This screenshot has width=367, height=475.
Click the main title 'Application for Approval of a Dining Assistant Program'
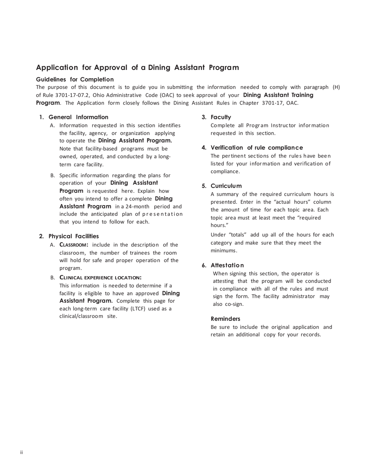click(x=138, y=68)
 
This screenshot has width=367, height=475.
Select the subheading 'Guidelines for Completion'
click(x=75, y=79)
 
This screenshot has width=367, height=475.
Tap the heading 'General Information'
click(x=78, y=117)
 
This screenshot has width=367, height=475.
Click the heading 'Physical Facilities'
click(x=73, y=236)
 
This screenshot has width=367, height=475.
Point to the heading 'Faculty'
click(x=221, y=117)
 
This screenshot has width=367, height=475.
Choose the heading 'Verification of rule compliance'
click(x=257, y=148)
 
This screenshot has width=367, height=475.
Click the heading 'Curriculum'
click(x=226, y=186)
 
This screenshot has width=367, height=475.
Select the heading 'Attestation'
click(x=227, y=265)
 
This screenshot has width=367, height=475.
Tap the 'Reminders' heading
click(x=226, y=319)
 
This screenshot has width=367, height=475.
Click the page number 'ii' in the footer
click(x=22, y=452)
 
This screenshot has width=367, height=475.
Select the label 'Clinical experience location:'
click(x=100, y=277)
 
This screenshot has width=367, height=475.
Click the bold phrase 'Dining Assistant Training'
click(x=278, y=95)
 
